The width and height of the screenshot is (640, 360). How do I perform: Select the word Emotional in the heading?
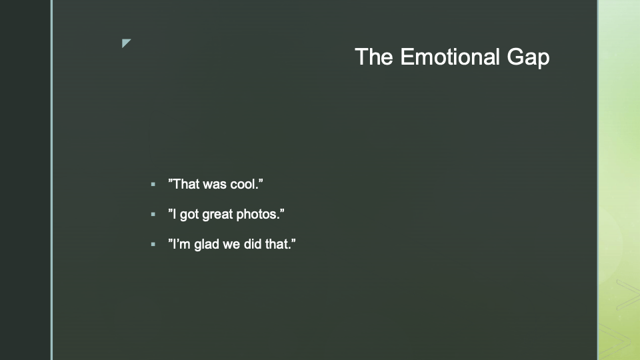click(450, 56)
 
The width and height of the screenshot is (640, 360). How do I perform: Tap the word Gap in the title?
click(528, 59)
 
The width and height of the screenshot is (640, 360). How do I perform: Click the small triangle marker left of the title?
click(126, 43)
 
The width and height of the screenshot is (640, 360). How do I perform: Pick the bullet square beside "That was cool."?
click(153, 185)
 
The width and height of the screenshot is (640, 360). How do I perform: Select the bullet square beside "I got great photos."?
click(153, 214)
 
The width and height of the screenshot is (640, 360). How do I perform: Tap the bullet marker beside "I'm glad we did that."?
click(153, 245)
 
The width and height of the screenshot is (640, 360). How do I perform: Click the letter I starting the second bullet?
click(175, 214)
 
